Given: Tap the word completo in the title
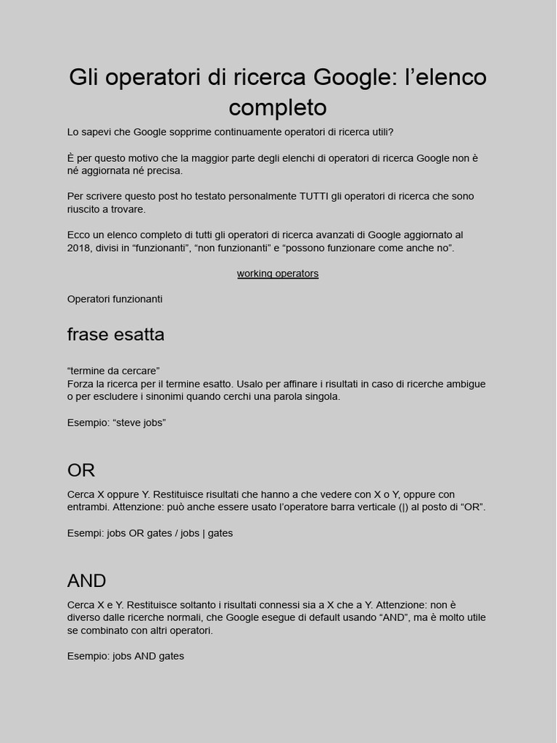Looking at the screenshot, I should coord(278,107).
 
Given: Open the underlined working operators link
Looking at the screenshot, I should coord(278,274).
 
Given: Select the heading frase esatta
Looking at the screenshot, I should coord(116,334).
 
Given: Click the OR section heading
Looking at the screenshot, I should coord(81,470).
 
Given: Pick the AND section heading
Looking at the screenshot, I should coord(87,580).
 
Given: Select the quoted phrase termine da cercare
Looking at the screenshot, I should coord(113,371).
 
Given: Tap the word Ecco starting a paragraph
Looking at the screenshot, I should coord(79,235).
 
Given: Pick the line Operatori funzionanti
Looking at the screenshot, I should coord(115,299).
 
